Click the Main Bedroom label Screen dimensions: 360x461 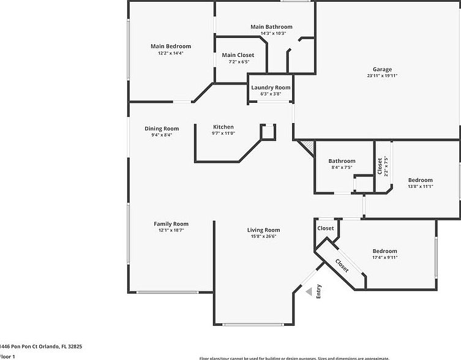[x=171, y=46]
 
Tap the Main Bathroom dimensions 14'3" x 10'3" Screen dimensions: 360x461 [x=271, y=33]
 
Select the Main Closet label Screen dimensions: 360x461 [x=238, y=55]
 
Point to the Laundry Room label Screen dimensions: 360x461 [x=271, y=88]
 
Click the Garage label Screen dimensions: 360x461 [x=383, y=69]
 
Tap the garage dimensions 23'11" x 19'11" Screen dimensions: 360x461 [x=383, y=76]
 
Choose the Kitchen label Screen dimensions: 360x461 [x=223, y=127]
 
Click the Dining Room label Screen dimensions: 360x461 [x=162, y=129]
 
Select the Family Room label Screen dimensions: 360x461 [x=171, y=224]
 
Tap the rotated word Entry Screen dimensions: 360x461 [x=319, y=292]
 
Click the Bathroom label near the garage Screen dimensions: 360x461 [x=342, y=161]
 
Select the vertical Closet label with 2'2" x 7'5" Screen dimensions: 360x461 [x=380, y=166]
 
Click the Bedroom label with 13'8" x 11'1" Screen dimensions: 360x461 [x=420, y=180]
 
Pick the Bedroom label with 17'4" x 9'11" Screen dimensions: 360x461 [x=385, y=251]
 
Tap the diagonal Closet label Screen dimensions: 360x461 [x=342, y=265]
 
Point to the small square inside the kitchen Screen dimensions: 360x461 [x=268, y=132]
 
